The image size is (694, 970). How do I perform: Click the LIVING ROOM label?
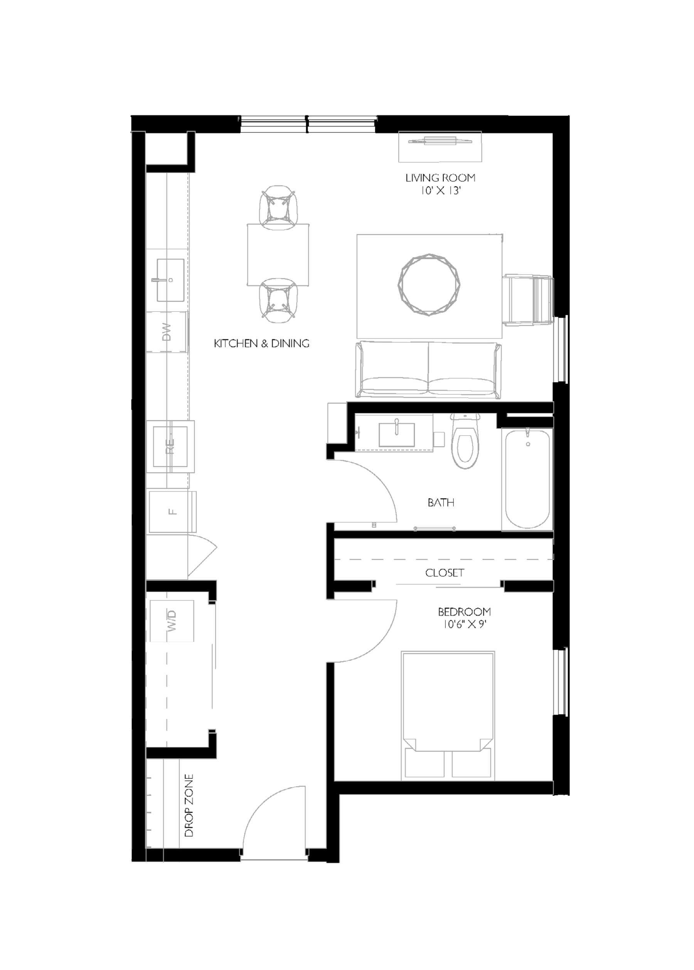tap(440, 178)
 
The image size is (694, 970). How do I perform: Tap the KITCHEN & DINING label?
tap(261, 343)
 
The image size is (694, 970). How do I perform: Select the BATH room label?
tap(441, 502)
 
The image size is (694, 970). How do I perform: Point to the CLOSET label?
tap(445, 573)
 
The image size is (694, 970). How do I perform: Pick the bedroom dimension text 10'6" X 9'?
tap(465, 624)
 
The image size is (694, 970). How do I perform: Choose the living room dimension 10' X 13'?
tap(440, 191)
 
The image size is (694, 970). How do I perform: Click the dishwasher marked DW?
tap(167, 332)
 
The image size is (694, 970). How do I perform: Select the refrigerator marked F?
tap(172, 512)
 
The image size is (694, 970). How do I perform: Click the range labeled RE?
tap(170, 446)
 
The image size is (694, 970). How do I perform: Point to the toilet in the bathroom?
tap(465, 442)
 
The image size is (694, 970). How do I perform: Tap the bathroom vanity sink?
tap(397, 434)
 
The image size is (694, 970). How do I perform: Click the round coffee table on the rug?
tap(429, 285)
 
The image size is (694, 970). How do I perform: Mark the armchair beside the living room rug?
tap(528, 300)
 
